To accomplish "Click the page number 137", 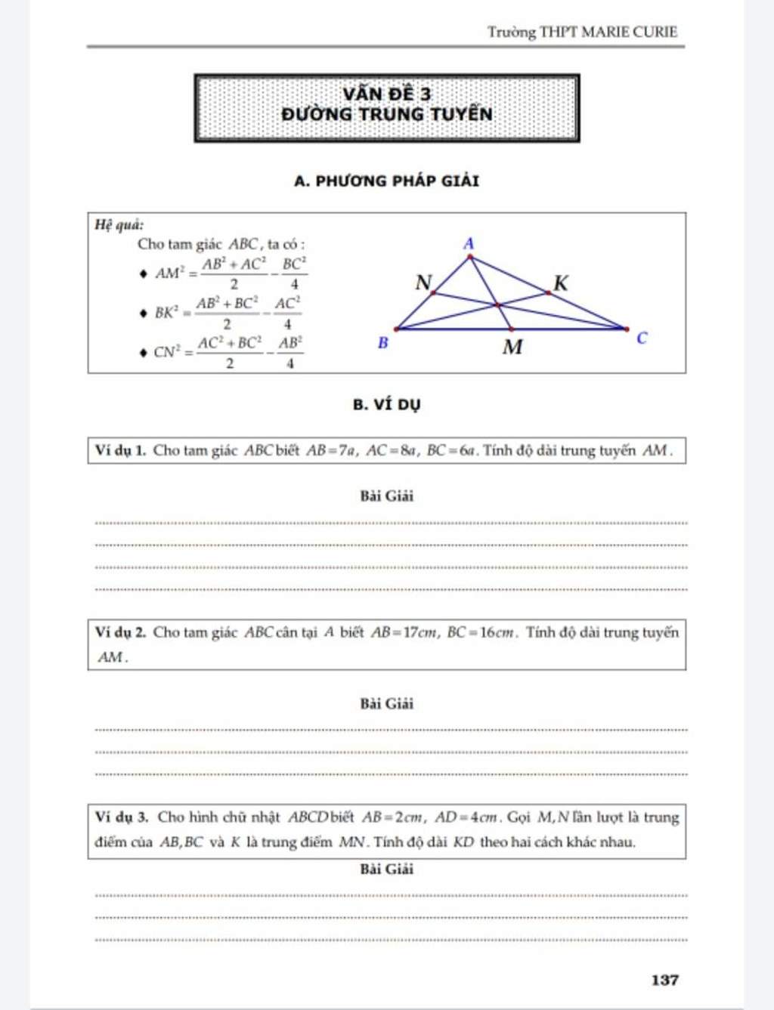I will tap(664, 980).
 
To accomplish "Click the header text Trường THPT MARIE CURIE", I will tap(581, 32).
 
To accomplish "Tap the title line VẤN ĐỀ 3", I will tap(386, 94).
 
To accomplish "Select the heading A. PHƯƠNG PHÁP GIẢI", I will tap(386, 181).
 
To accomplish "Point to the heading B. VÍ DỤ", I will tap(386, 404).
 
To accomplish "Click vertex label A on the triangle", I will tap(469, 243).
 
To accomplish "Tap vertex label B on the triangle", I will tap(382, 343).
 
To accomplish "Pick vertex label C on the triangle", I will tap(642, 338).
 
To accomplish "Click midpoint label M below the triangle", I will tap(512, 347).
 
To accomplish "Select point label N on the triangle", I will tap(423, 283).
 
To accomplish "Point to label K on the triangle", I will tap(560, 283).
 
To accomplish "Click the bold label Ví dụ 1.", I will tap(120, 451).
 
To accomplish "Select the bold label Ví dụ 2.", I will tap(120, 632).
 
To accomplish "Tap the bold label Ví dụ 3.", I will tap(122, 817).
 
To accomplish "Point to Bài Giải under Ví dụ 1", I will tap(386, 496).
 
